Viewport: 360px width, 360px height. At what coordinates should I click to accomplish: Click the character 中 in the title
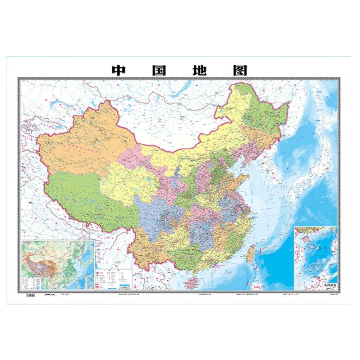click(x=118, y=70)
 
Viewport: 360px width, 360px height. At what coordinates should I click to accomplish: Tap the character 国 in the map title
click(x=158, y=70)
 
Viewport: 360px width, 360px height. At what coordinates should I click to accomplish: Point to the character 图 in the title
click(x=240, y=70)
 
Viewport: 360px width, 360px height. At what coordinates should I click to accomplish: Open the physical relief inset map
click(x=58, y=265)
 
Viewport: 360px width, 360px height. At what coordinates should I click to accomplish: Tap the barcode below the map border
click(x=31, y=295)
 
